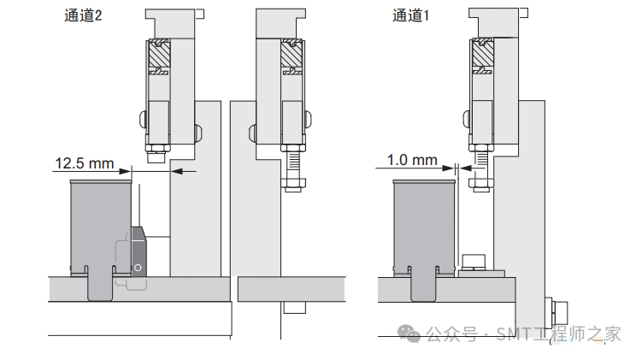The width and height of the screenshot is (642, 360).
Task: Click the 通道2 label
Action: (83, 15)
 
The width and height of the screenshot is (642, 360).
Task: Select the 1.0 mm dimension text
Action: (412, 160)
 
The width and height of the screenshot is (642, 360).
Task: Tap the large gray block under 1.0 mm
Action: (422, 227)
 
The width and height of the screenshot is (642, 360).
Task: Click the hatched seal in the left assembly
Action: (160, 56)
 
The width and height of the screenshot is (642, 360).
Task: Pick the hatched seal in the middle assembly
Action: (292, 56)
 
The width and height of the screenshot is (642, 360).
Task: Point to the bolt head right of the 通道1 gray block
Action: (473, 261)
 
